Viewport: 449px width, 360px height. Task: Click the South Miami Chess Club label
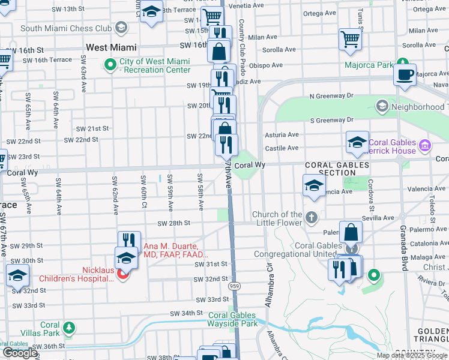pyautogui.click(x=66, y=28)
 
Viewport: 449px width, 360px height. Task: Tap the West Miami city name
pyautogui.click(x=111, y=47)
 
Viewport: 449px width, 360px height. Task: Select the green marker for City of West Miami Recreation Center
pyautogui.click(x=110, y=65)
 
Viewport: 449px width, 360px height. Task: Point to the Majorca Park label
pyautogui.click(x=369, y=65)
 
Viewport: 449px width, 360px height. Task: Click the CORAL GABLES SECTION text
pyautogui.click(x=330, y=169)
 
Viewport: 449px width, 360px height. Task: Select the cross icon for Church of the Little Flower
pyautogui.click(x=311, y=218)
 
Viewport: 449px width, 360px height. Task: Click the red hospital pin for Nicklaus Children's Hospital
pyautogui.click(x=123, y=275)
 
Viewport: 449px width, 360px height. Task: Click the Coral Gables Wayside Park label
pyautogui.click(x=233, y=319)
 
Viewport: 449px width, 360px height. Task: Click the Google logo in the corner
pyautogui.click(x=20, y=353)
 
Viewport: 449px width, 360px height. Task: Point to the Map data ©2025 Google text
pyautogui.click(x=411, y=355)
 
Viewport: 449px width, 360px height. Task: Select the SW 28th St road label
pyautogui.click(x=173, y=223)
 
